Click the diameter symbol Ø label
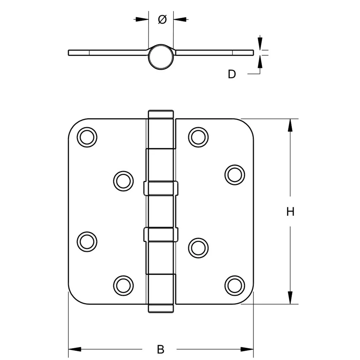(x=162, y=20)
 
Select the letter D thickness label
(x=232, y=74)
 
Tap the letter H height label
(x=291, y=212)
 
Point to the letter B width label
(x=160, y=349)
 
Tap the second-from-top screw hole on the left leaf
(x=123, y=181)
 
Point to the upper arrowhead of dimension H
(x=290, y=126)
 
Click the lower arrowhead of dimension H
(x=290, y=297)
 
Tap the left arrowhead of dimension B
(x=75, y=349)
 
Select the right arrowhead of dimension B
(x=247, y=349)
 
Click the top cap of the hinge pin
(x=160, y=114)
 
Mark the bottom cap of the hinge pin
(x=160, y=308)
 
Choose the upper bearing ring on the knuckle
(x=160, y=188)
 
